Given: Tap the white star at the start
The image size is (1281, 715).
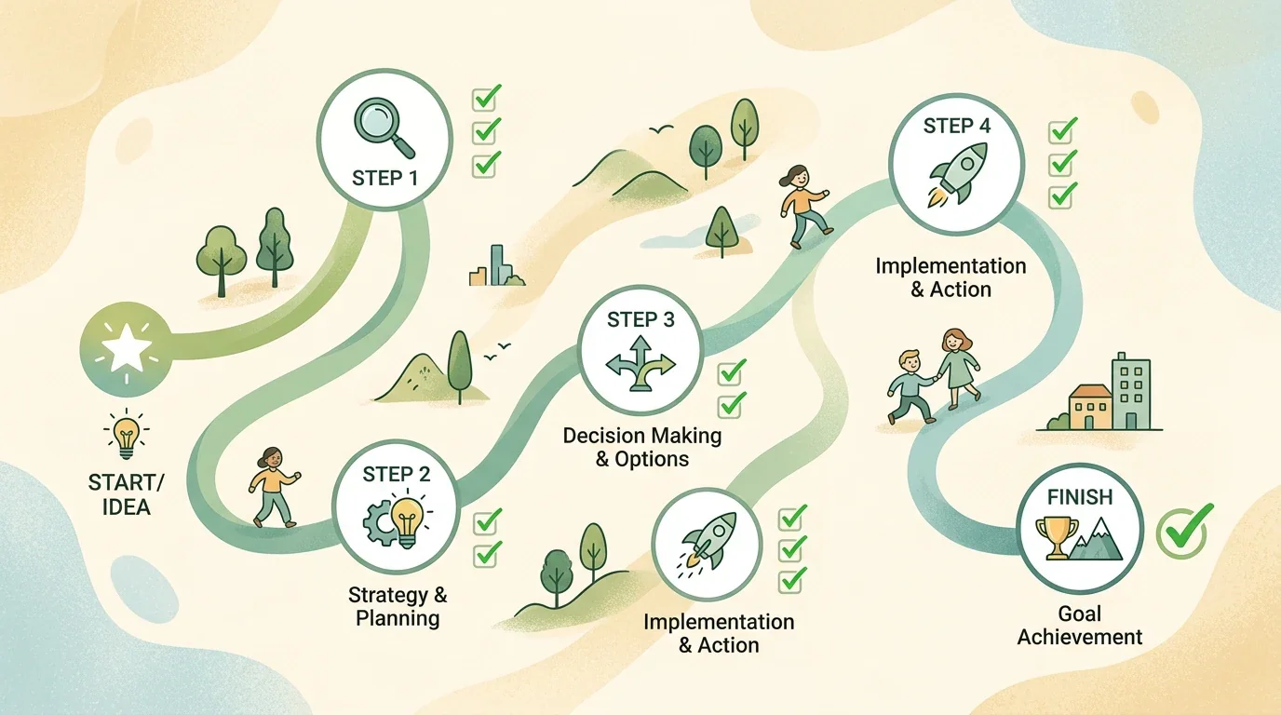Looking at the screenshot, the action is point(127,348).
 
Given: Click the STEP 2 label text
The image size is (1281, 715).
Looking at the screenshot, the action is point(397,474).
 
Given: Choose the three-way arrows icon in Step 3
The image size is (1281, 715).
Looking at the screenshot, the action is point(640,364).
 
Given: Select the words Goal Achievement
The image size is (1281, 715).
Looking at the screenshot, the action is point(1079,626).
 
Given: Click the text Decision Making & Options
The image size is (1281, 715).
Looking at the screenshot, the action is point(642,447).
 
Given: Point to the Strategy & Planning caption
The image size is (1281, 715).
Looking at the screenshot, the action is point(398,606).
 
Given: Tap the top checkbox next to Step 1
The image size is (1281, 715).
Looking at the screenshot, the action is point(486,98).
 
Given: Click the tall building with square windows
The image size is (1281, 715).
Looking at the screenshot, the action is point(1130,392).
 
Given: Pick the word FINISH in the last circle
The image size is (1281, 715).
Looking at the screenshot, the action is point(1080,497).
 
